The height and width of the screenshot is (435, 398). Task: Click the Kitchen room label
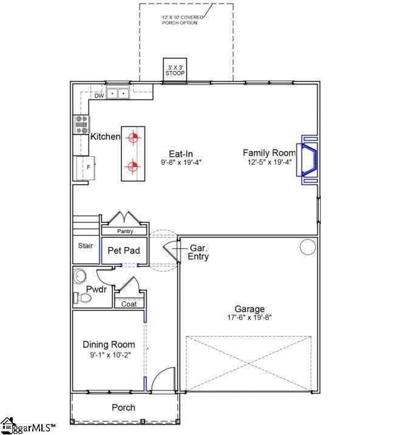(x=106, y=137)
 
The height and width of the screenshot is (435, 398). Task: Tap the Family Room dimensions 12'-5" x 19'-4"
(x=269, y=162)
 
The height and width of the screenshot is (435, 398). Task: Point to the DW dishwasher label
(x=98, y=96)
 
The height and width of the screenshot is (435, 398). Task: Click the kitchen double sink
(x=118, y=94)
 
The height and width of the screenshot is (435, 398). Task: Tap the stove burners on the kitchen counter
(x=81, y=124)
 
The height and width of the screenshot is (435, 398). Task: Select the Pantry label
(x=125, y=231)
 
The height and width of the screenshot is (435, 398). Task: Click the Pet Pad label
(x=124, y=250)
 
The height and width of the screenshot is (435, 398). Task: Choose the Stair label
(x=85, y=246)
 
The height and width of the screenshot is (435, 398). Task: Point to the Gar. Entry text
(x=199, y=253)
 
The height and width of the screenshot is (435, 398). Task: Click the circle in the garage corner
(x=308, y=247)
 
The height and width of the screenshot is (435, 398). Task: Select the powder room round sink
(x=80, y=277)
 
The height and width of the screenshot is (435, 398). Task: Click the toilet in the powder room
(x=81, y=298)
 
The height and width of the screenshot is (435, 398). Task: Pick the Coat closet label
(x=129, y=304)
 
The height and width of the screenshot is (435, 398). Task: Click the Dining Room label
(x=109, y=344)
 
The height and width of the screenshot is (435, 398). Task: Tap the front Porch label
(x=123, y=407)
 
